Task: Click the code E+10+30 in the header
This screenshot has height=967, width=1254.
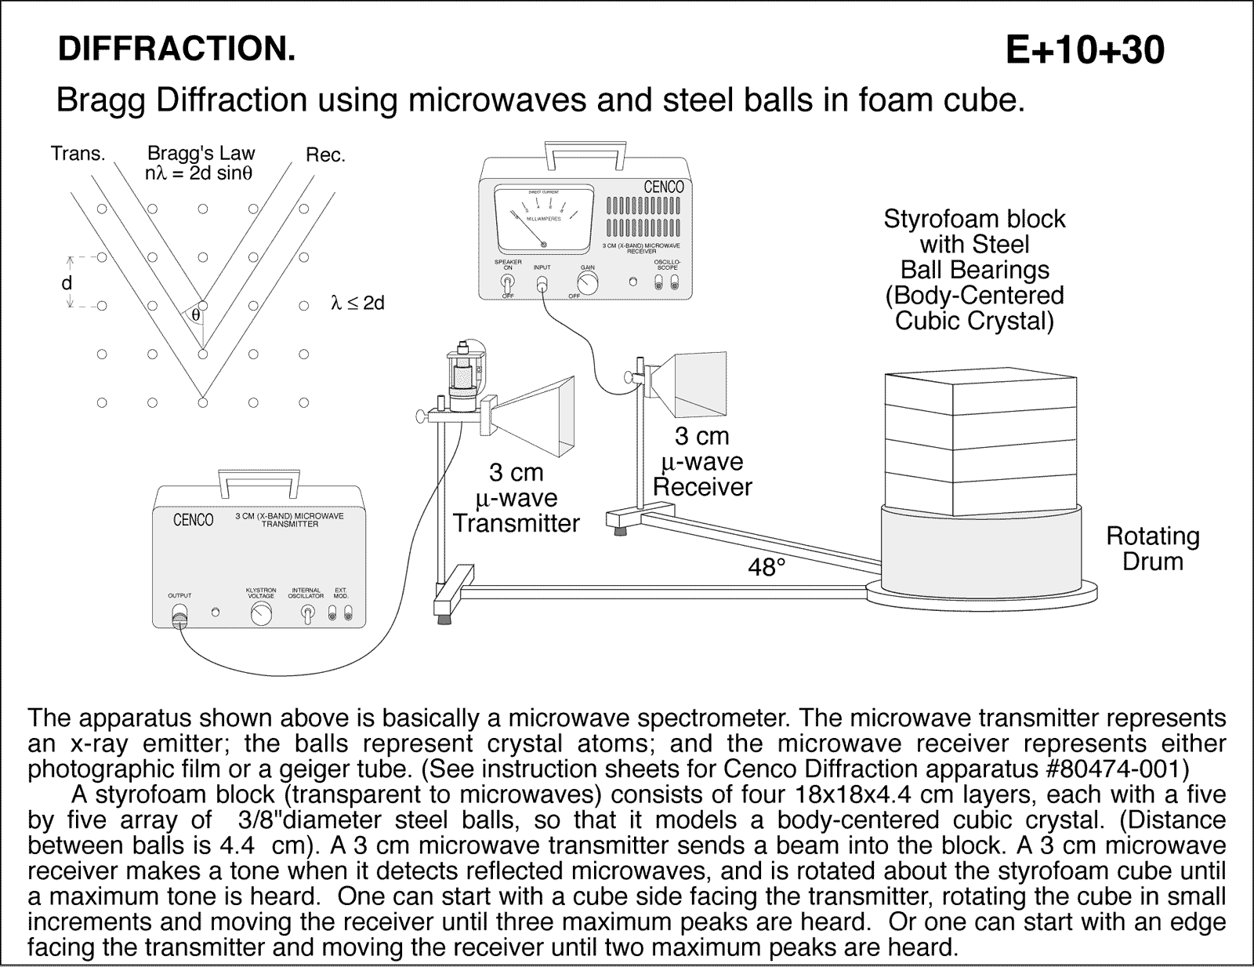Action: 1085,51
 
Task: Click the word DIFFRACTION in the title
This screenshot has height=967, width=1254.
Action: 176,49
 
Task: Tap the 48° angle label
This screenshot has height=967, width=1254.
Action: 766,566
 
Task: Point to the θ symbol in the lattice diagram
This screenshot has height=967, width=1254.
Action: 195,315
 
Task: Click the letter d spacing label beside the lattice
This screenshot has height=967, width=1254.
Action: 67,283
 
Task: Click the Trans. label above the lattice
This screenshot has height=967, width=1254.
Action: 78,154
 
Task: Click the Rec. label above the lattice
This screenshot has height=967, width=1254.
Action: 325,155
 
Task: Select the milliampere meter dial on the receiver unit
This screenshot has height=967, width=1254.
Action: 542,219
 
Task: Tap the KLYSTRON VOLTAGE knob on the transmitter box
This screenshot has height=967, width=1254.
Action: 261,614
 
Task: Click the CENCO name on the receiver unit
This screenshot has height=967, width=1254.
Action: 663,187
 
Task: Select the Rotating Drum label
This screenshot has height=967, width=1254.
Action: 1152,549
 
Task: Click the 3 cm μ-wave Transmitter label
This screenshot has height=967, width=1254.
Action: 516,498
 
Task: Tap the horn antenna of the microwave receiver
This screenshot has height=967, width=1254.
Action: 693,384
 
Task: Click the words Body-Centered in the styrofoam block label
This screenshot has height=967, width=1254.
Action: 974,296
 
